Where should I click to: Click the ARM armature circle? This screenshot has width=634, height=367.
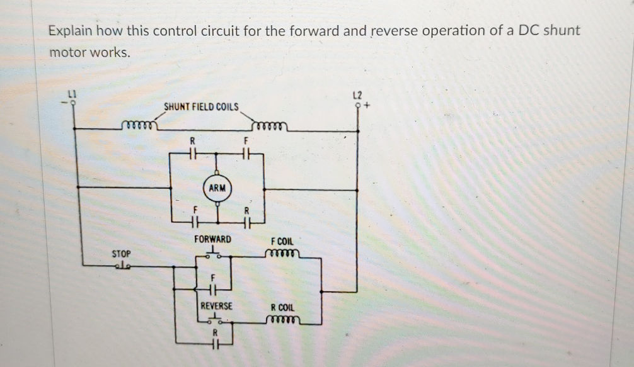point(217,188)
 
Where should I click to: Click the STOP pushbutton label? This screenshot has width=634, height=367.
point(121,254)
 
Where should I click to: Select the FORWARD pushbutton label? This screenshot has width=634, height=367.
point(212,240)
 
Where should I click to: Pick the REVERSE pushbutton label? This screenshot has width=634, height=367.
point(216,306)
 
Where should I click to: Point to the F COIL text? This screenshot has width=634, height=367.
point(282,242)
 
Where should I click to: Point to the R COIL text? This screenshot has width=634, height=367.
point(282,308)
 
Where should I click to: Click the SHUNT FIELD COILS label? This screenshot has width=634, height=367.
point(201,107)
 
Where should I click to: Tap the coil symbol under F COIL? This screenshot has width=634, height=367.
point(282,254)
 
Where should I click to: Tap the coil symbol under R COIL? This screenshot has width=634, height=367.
point(282,320)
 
